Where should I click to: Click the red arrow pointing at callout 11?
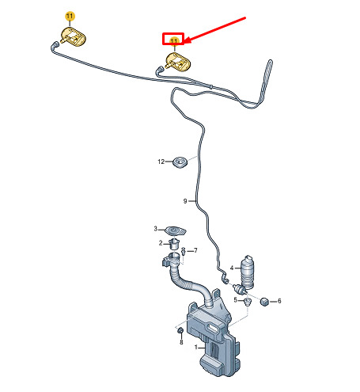[x=214, y=29]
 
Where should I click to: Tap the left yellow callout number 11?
[x=70, y=17]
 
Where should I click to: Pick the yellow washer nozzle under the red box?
[x=178, y=62]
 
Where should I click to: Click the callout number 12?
[x=161, y=162]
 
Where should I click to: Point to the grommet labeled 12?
[x=180, y=162]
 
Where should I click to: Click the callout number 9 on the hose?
[x=185, y=201]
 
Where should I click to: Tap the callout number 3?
[x=156, y=229]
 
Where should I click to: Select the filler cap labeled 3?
[x=176, y=231]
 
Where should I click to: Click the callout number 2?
[x=161, y=243]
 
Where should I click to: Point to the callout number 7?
[x=195, y=250]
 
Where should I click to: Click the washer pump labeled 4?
[x=247, y=272]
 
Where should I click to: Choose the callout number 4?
[x=232, y=268]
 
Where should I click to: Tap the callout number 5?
[x=236, y=300]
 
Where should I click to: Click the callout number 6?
[x=279, y=301]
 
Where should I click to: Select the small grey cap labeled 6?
[x=264, y=301]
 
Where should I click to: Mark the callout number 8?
[x=181, y=342]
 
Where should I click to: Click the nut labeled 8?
[x=180, y=330]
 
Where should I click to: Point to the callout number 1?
[x=196, y=347]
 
